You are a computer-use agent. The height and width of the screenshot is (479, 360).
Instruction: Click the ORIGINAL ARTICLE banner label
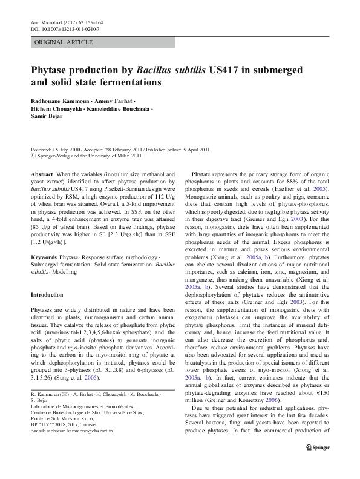(64, 42)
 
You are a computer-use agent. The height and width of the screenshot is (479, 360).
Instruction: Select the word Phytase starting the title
(53, 70)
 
